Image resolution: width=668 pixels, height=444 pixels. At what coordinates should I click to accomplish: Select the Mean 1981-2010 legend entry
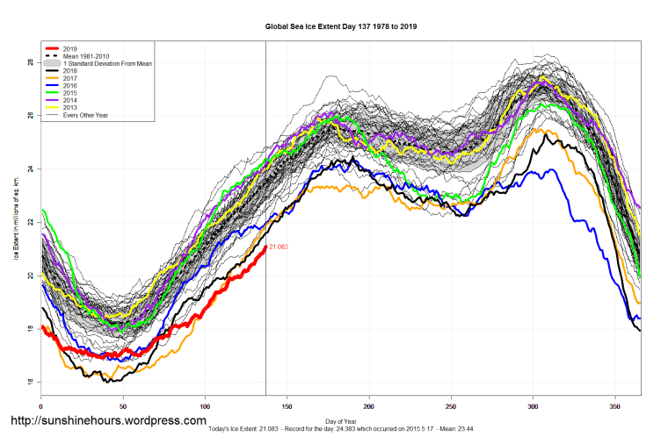(x=85, y=57)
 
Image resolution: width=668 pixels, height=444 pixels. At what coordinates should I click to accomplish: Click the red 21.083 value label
(x=279, y=247)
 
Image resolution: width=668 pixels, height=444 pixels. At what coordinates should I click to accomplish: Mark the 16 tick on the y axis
(x=30, y=382)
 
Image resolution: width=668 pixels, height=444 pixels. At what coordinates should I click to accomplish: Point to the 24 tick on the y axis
(x=30, y=168)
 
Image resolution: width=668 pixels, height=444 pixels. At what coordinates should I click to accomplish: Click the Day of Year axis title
(x=341, y=421)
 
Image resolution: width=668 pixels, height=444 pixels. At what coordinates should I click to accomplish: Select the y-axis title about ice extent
(x=16, y=219)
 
